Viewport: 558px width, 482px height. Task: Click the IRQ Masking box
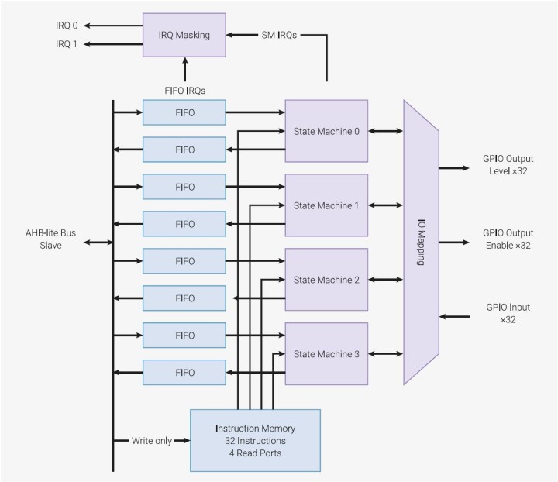pos(184,35)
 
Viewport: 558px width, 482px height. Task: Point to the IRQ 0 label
pos(67,26)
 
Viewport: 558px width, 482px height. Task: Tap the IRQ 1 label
pos(67,44)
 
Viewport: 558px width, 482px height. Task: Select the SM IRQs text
pos(277,35)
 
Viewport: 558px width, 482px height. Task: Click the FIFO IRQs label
pos(184,91)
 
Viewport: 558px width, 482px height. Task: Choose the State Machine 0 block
pos(326,131)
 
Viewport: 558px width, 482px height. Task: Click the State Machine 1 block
pos(326,205)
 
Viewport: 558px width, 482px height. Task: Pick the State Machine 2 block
pos(326,280)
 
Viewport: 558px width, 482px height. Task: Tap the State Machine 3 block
pos(326,354)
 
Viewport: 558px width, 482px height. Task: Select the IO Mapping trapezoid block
pos(421,243)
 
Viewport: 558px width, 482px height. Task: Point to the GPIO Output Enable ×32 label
pos(508,239)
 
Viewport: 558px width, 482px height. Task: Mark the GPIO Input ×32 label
pos(508,313)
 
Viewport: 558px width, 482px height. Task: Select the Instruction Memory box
pos(255,440)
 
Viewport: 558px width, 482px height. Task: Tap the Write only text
pos(151,441)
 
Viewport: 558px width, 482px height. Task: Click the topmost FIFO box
pos(184,112)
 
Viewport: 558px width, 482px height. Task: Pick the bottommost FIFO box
pos(184,373)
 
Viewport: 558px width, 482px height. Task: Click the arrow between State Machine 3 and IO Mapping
pos(386,354)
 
